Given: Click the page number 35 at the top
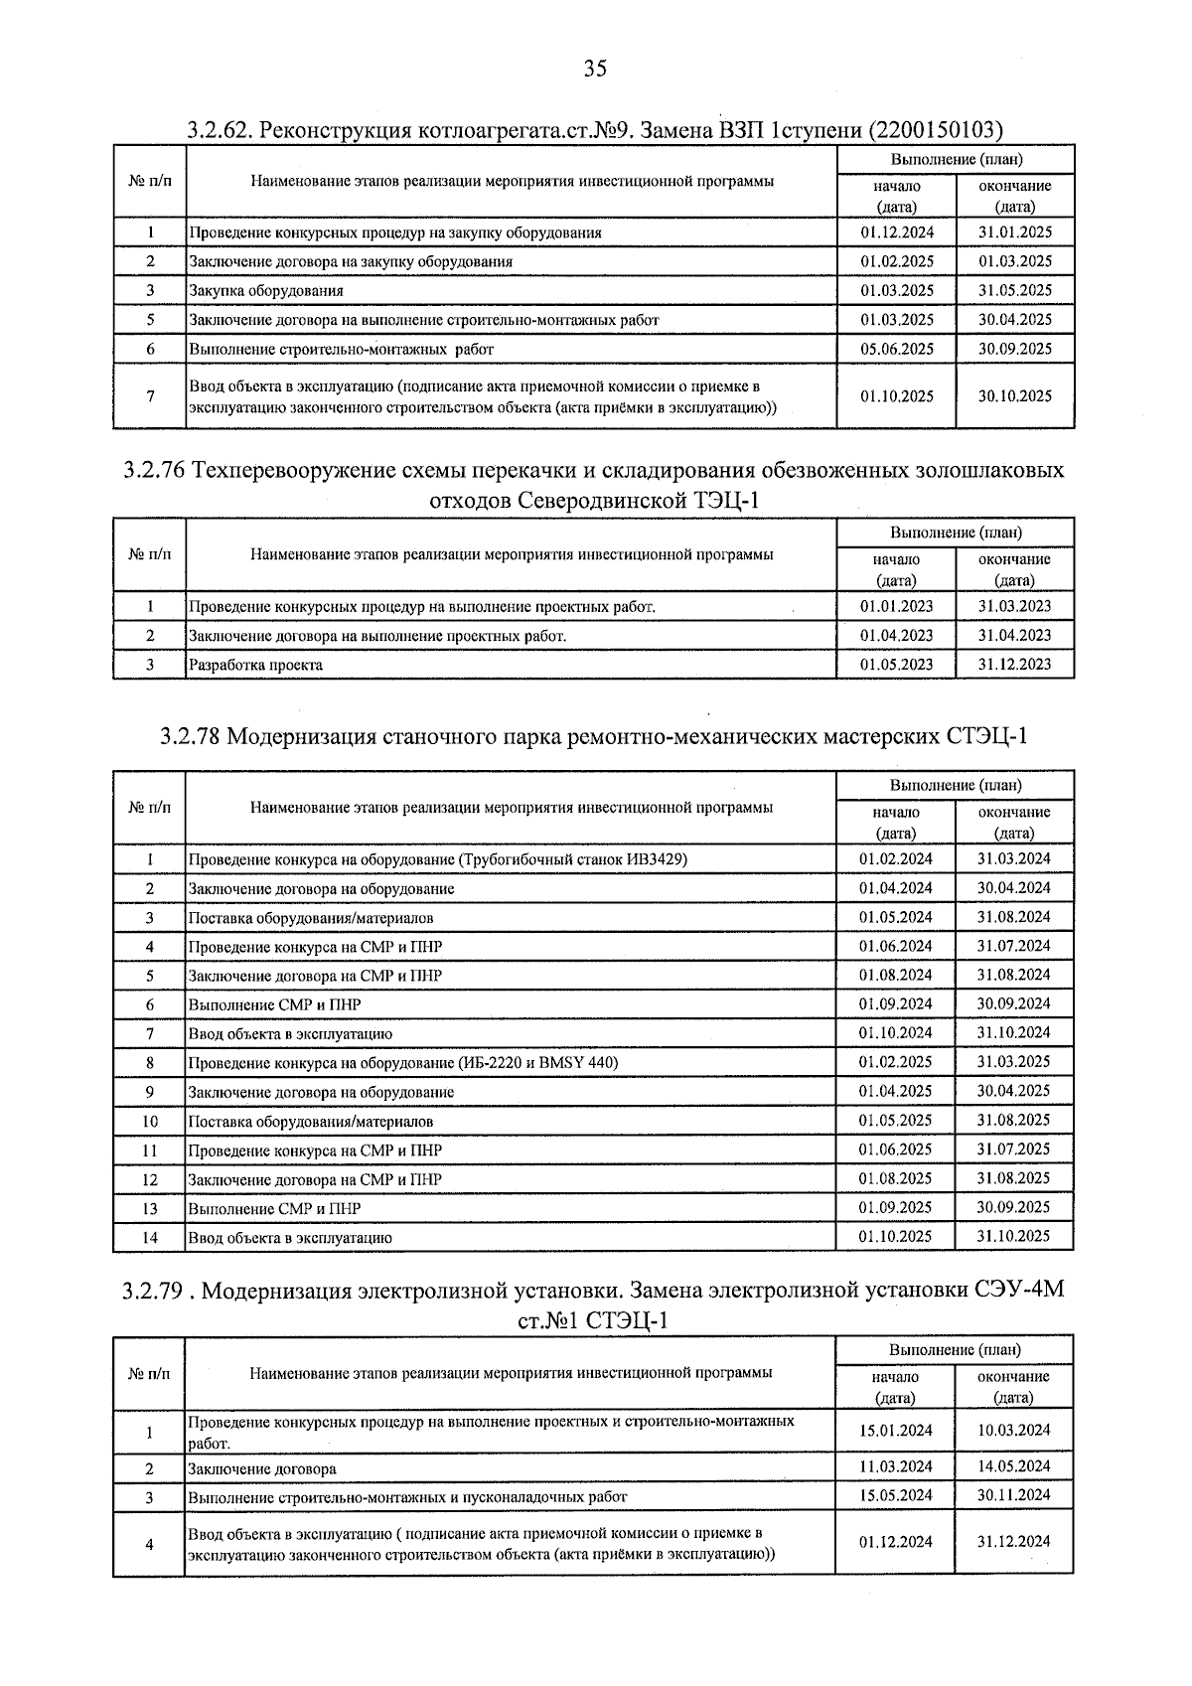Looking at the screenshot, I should click(x=594, y=69).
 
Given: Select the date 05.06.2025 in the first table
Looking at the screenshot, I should click(x=896, y=349).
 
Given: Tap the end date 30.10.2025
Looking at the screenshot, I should click(x=1013, y=395).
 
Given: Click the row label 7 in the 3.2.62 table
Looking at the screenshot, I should click(x=150, y=396).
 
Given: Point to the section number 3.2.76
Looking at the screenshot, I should click(x=155, y=470).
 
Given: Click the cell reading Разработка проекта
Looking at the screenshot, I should click(x=255, y=665).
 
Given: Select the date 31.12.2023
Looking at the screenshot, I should click(x=1013, y=664).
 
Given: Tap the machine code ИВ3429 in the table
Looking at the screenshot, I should click(x=654, y=859).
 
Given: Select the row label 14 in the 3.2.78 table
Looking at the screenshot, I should click(x=150, y=1238).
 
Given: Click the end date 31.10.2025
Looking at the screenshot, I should click(x=1013, y=1236).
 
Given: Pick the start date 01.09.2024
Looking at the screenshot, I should click(x=896, y=1003).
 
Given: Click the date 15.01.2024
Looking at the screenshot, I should click(x=896, y=1431).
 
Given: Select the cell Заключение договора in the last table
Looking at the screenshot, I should click(x=262, y=1468).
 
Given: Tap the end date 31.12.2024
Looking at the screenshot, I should click(x=1013, y=1542).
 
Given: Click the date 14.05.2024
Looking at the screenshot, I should click(x=1013, y=1466).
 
